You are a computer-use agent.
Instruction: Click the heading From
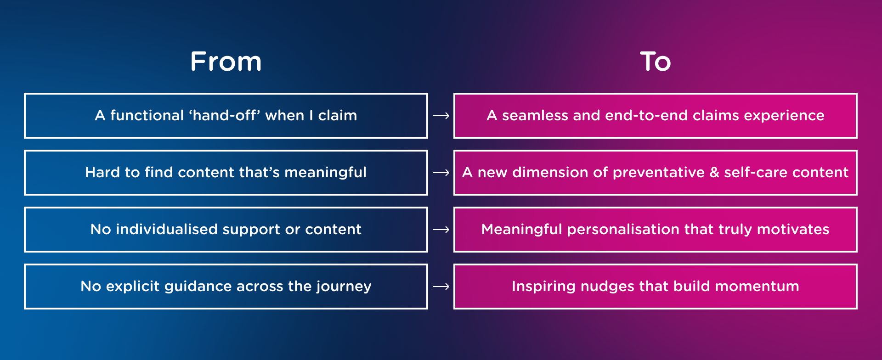[x=226, y=62]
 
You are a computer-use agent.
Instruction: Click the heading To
[x=656, y=62]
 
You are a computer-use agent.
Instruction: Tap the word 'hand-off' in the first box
[x=224, y=115]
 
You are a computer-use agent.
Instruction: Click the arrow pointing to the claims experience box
[x=441, y=116]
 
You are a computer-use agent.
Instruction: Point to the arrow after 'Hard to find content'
[x=441, y=173]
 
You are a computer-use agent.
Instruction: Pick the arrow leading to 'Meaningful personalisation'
[x=441, y=230]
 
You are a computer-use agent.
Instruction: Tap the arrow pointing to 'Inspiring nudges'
[x=441, y=287]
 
